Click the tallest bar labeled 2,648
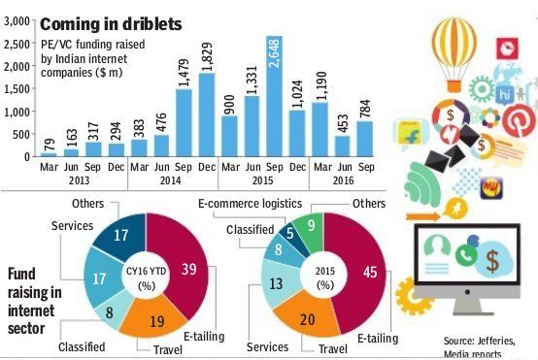pos(274,96)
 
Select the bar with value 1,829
pos(207,115)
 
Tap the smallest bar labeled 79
pos(49,155)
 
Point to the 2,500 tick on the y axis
pos(17,44)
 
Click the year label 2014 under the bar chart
pos(171,180)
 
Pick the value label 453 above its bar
pos(343,124)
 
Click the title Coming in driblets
pos(111,24)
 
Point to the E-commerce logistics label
pos(251,204)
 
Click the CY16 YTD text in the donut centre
pos(147,271)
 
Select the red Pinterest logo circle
pos(519,120)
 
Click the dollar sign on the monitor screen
pos(492,261)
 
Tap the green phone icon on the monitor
pos(466,255)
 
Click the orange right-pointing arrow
pos(422,216)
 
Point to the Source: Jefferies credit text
pos(480,342)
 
